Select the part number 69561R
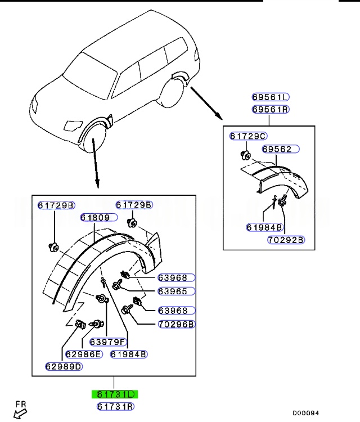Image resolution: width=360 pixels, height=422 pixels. click(270, 109)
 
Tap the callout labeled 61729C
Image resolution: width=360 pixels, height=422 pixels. click(248, 136)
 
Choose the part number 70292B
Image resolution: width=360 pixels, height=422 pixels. click(285, 240)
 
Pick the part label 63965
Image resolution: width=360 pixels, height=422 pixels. click(176, 291)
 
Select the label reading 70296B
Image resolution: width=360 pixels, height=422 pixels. click(176, 324)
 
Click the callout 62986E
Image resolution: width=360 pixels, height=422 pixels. click(83, 354)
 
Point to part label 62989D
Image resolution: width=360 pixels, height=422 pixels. click(64, 367)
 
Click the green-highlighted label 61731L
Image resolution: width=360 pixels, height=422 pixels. click(115, 394)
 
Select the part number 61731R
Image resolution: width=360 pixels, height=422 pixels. click(115, 406)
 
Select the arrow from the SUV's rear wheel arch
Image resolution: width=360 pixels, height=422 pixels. click(206, 103)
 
